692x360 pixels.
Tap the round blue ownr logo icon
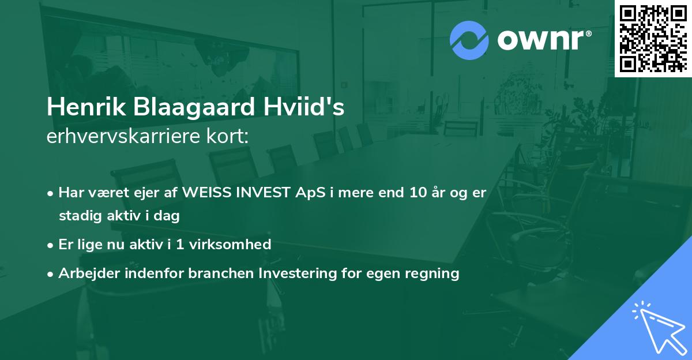(x=469, y=40)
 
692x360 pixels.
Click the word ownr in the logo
(x=543, y=40)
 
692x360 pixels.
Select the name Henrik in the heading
(x=82, y=108)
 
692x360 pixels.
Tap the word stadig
(x=78, y=216)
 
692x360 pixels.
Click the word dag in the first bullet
(x=168, y=217)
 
